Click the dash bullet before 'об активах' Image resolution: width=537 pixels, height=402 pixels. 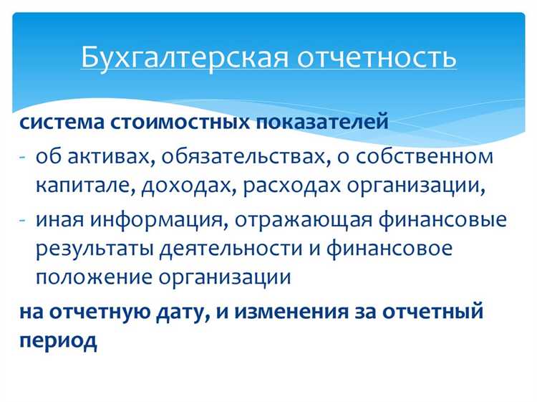(x=23, y=156)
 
